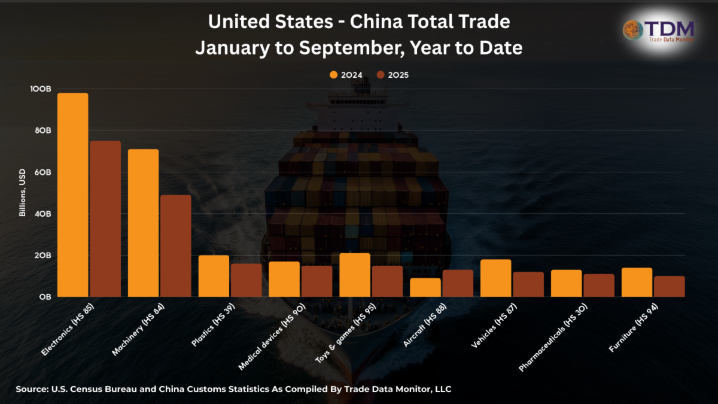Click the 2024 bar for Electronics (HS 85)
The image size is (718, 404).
(x=72, y=195)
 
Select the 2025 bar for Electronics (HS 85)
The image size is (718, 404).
(x=105, y=218)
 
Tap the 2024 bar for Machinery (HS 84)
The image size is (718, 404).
(x=143, y=223)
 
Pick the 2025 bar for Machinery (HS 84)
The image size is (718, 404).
(x=176, y=245)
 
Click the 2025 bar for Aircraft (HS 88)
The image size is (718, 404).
(x=458, y=283)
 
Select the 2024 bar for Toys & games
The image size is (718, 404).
(x=355, y=275)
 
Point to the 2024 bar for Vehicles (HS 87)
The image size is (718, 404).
(x=495, y=278)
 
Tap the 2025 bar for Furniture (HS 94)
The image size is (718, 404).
(x=669, y=286)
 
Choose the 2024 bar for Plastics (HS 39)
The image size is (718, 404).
(x=214, y=276)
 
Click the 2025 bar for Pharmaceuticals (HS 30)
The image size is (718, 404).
(x=599, y=285)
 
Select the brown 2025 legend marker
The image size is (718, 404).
(x=381, y=75)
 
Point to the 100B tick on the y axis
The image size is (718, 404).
(x=41, y=89)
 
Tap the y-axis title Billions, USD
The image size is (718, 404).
(x=22, y=193)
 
